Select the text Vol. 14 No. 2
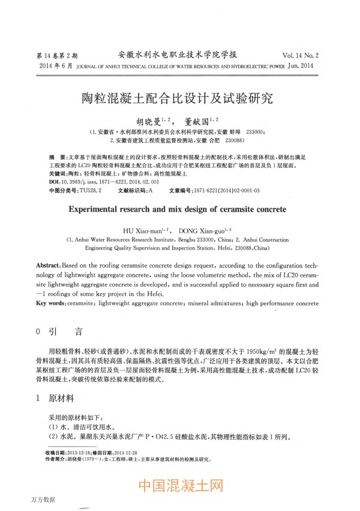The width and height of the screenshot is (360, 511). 299,53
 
